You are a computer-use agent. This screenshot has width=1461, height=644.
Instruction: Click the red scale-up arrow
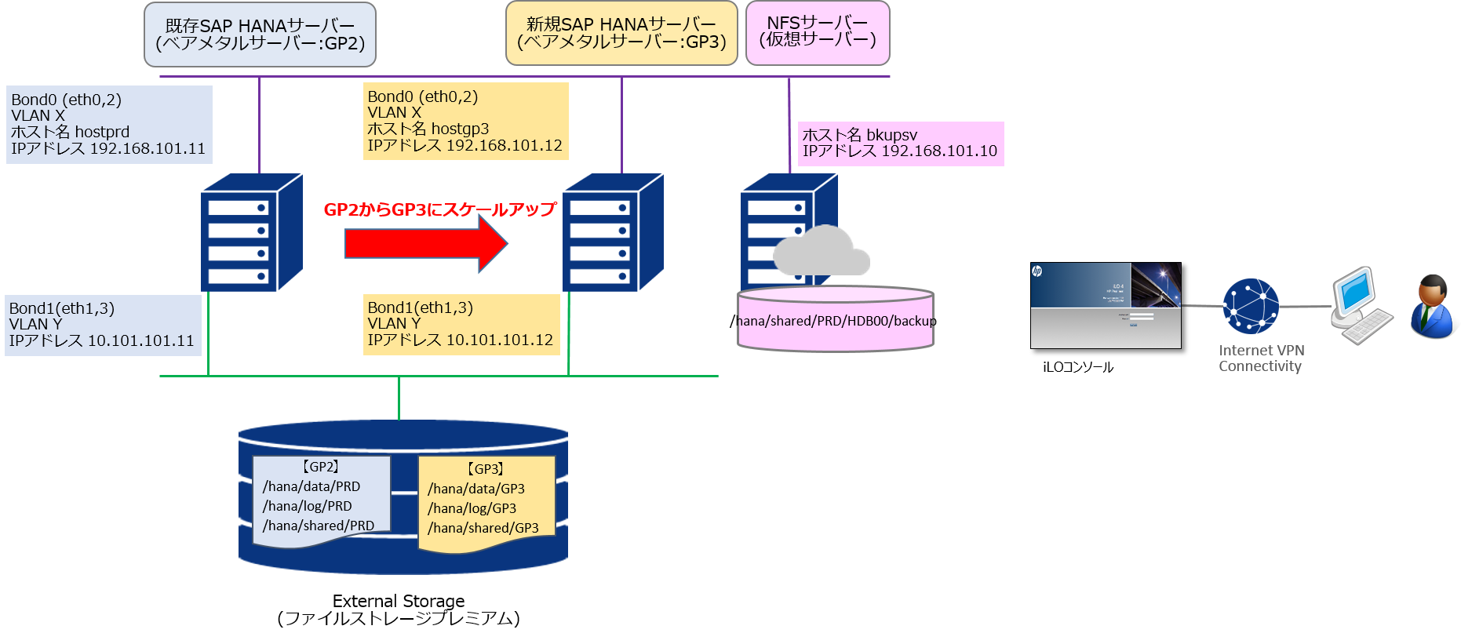click(x=424, y=244)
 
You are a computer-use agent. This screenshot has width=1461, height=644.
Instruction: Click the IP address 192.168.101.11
click(x=148, y=149)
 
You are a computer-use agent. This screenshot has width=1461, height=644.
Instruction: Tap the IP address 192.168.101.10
click(x=939, y=151)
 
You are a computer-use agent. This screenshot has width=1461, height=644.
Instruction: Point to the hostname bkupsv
click(x=891, y=135)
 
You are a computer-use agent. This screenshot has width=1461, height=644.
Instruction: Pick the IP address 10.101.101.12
click(x=500, y=340)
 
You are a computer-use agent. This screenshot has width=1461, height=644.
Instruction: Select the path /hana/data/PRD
click(x=312, y=487)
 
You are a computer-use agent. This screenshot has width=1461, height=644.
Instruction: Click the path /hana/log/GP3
click(x=472, y=509)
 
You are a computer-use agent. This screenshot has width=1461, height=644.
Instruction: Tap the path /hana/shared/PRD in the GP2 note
click(x=318, y=526)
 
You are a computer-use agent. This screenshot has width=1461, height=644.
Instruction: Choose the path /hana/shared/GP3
click(x=483, y=529)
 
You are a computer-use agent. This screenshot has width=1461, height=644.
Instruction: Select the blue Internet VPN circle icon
click(x=1251, y=307)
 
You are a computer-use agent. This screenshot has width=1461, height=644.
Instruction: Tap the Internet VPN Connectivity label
click(x=1261, y=358)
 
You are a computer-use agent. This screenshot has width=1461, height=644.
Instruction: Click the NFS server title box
click(x=817, y=33)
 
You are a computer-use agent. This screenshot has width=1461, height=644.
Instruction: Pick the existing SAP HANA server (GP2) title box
click(x=260, y=35)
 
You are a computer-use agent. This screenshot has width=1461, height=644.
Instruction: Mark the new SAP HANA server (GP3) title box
click(x=621, y=33)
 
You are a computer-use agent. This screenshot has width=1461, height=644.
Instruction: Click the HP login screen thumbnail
click(x=1105, y=305)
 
